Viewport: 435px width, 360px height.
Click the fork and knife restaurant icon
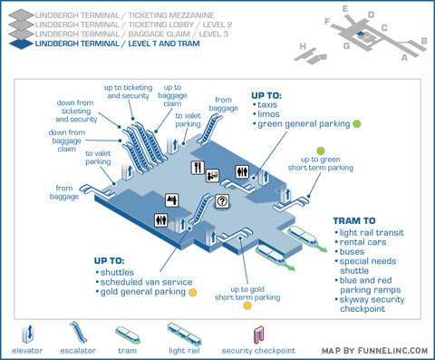click(198, 168)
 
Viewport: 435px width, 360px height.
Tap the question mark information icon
click(222, 201)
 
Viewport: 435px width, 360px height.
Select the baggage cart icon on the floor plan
click(213, 175)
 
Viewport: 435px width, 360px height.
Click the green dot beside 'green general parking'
click(357, 123)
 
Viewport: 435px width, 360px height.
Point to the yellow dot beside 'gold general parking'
click(193, 292)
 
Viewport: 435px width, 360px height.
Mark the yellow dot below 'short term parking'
click(247, 306)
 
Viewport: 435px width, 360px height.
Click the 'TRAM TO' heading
click(354, 221)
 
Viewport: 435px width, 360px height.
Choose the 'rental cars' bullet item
click(362, 242)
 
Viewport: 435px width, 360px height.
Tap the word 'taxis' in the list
click(267, 104)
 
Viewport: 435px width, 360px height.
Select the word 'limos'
click(268, 114)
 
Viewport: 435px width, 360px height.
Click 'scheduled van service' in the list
click(146, 282)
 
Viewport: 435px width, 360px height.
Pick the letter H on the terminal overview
click(303, 46)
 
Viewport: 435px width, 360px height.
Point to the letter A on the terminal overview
click(404, 57)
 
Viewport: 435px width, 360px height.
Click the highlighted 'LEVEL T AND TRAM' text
click(164, 44)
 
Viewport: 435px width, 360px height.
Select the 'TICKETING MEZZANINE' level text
click(171, 15)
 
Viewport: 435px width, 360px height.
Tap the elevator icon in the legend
click(27, 334)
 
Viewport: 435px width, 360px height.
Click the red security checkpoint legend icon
click(259, 335)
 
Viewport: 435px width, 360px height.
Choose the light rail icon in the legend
click(184, 335)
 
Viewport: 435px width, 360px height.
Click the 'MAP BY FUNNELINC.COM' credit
click(374, 351)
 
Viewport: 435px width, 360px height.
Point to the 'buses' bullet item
click(352, 252)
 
